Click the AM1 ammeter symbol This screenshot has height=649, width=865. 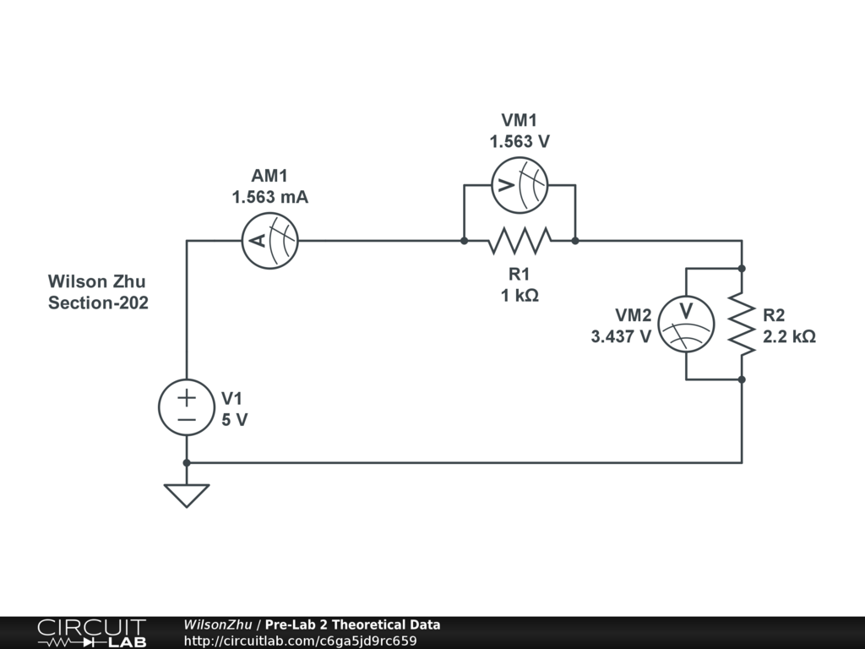pos(271,241)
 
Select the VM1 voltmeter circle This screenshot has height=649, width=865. pos(520,184)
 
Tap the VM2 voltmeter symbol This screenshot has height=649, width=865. pos(686,324)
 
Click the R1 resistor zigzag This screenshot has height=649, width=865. pos(519,241)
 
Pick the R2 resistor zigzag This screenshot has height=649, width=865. pos(741,324)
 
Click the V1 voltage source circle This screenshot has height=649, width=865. pos(187,407)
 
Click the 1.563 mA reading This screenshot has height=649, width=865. pos(270,197)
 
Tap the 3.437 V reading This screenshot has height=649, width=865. pos(621,336)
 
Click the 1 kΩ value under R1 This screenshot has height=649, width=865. pos(519,296)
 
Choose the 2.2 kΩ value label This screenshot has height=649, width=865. pos(789,336)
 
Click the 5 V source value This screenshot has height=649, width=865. pos(235,419)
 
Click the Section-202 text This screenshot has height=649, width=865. pos(98,303)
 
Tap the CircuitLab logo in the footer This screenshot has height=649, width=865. pos(90,633)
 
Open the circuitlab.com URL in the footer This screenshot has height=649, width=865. pos(300,641)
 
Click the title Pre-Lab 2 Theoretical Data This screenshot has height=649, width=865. pos(352,624)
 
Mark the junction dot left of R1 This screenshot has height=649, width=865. pos(464,241)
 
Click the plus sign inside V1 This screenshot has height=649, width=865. pos(187,396)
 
